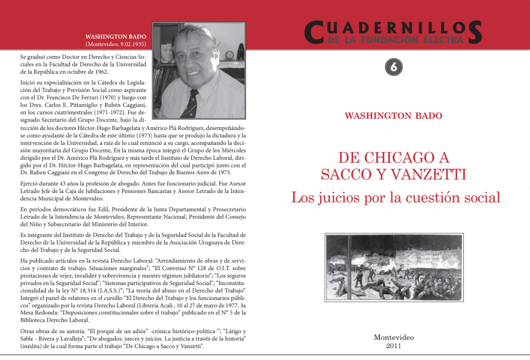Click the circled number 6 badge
pos(394,67)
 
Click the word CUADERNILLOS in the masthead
pos(393,30)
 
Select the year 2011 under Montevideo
pos(394,346)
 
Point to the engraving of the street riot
pos(394,267)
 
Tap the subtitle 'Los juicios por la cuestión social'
pos(395,197)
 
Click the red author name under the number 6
pos(393,116)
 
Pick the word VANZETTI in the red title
pos(430,175)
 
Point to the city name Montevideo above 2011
pos(394,337)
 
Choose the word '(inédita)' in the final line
pos(32,346)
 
